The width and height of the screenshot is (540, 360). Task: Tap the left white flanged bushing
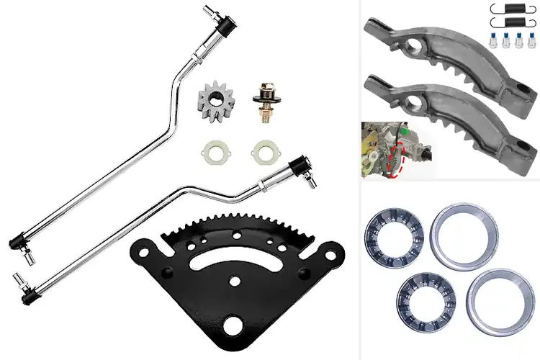[212, 153]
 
